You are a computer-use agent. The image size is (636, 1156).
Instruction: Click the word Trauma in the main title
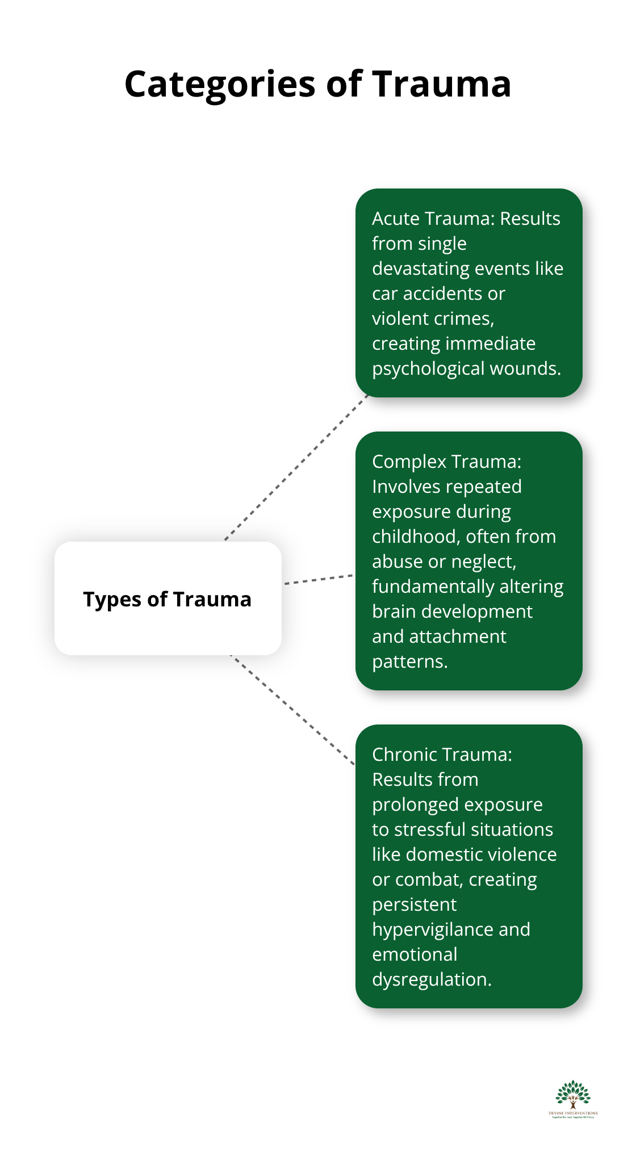coord(441,84)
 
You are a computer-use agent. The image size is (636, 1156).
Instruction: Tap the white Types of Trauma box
coord(168,598)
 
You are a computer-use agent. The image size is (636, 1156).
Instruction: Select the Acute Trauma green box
coord(468,292)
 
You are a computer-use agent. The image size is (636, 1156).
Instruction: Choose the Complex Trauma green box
coord(468,560)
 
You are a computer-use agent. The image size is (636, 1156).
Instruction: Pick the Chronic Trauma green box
coord(468,866)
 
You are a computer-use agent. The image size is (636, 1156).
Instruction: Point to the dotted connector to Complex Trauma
coord(318,579)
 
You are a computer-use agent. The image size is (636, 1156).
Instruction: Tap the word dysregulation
coord(432,979)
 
